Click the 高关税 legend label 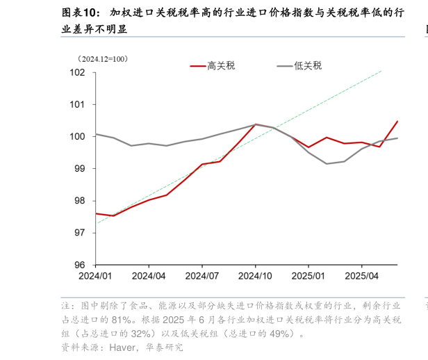(221, 66)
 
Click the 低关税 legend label (308, 66)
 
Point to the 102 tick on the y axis (77, 72)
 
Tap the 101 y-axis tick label (77, 104)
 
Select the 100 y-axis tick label (77, 136)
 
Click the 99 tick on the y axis (80, 168)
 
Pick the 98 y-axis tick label (80, 201)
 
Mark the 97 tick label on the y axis (80, 233)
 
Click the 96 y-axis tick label (80, 265)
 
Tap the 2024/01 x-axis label (95, 275)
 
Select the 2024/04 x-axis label (149, 275)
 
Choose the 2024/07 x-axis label (202, 275)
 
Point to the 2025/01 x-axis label (308, 275)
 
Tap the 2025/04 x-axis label (361, 275)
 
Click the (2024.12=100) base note (103, 59)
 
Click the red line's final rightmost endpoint (397, 122)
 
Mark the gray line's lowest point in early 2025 (326, 163)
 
